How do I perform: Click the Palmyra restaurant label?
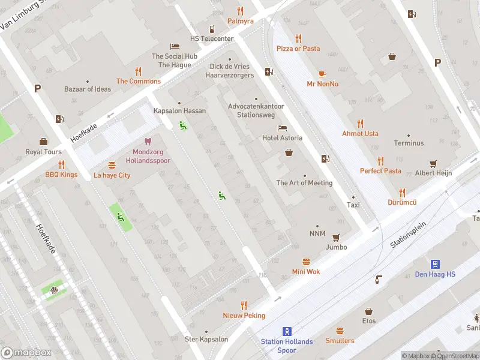point(240,21)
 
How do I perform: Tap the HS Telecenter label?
point(212,38)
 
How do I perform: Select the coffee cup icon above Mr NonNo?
point(322,74)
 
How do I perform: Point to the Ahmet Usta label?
point(360,133)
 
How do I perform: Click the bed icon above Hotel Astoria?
point(282,128)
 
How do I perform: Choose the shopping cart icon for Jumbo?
point(336,237)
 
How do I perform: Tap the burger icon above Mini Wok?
point(306,262)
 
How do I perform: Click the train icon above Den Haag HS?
point(435,264)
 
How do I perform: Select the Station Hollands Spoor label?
point(287,346)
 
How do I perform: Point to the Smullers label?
point(340,340)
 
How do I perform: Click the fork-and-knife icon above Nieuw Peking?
point(244,305)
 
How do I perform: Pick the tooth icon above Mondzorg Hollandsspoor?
point(148,143)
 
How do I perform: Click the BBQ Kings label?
point(61,175)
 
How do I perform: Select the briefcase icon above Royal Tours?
point(43,142)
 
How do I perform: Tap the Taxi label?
point(353,205)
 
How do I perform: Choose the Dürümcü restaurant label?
point(402,203)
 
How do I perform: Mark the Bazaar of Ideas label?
point(88,89)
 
